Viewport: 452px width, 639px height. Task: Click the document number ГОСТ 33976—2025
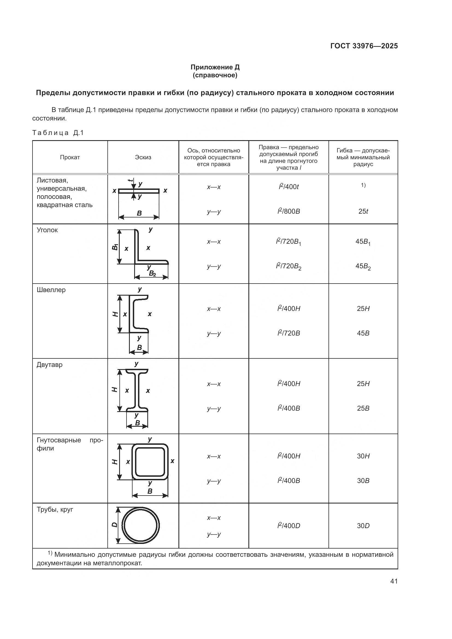(x=364, y=46)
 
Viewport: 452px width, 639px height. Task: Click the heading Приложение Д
(x=215, y=67)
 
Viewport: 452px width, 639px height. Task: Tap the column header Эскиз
(x=143, y=157)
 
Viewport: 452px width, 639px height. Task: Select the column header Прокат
(x=70, y=157)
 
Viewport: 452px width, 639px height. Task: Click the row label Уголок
(x=47, y=230)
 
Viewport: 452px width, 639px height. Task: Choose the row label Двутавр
(x=49, y=365)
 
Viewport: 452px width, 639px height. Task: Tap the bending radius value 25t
(x=363, y=211)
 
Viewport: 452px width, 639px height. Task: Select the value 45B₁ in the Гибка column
(x=363, y=242)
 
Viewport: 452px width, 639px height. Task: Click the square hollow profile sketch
(x=150, y=462)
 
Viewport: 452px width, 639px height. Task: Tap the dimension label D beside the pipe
(x=114, y=525)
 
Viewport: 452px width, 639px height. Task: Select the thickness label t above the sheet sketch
(x=130, y=180)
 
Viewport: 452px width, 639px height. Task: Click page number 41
(x=394, y=581)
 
